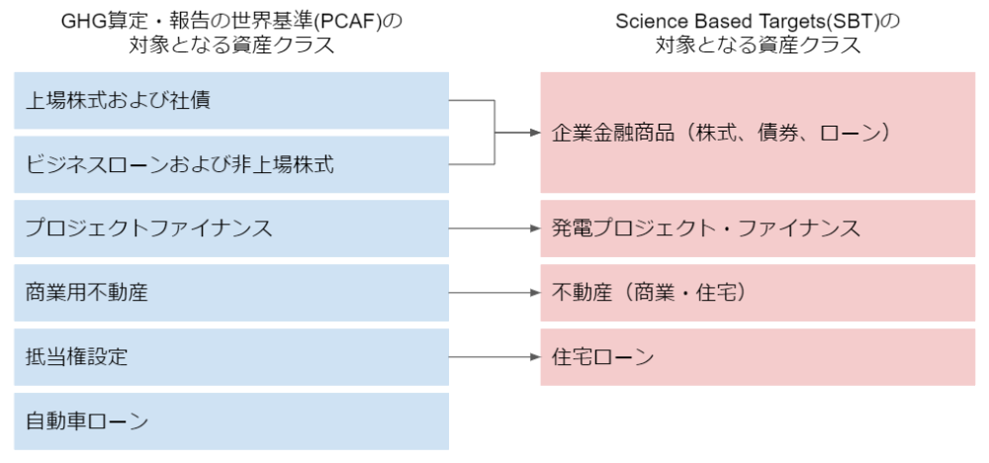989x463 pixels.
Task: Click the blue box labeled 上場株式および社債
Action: pyautogui.click(x=231, y=100)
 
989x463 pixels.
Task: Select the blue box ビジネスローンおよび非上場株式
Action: pyautogui.click(x=231, y=164)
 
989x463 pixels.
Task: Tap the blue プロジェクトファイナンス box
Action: pyautogui.click(x=231, y=229)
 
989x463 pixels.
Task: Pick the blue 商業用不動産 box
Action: pyautogui.click(x=231, y=293)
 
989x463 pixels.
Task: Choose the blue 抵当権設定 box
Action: pyautogui.click(x=231, y=357)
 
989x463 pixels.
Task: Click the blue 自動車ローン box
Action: pyautogui.click(x=231, y=421)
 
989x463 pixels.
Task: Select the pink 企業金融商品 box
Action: pyautogui.click(x=758, y=133)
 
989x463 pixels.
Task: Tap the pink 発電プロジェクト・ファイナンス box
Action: pyautogui.click(x=758, y=229)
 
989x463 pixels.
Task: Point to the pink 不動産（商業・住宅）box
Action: pyautogui.click(x=758, y=293)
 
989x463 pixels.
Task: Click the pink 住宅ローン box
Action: pyautogui.click(x=758, y=357)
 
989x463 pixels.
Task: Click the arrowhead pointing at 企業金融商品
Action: pyautogui.click(x=535, y=133)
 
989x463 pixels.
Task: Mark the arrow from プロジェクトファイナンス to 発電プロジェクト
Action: pyautogui.click(x=495, y=229)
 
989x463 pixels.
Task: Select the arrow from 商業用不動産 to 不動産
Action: pyautogui.click(x=495, y=293)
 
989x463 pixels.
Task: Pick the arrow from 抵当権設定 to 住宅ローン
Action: pyautogui.click(x=495, y=357)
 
